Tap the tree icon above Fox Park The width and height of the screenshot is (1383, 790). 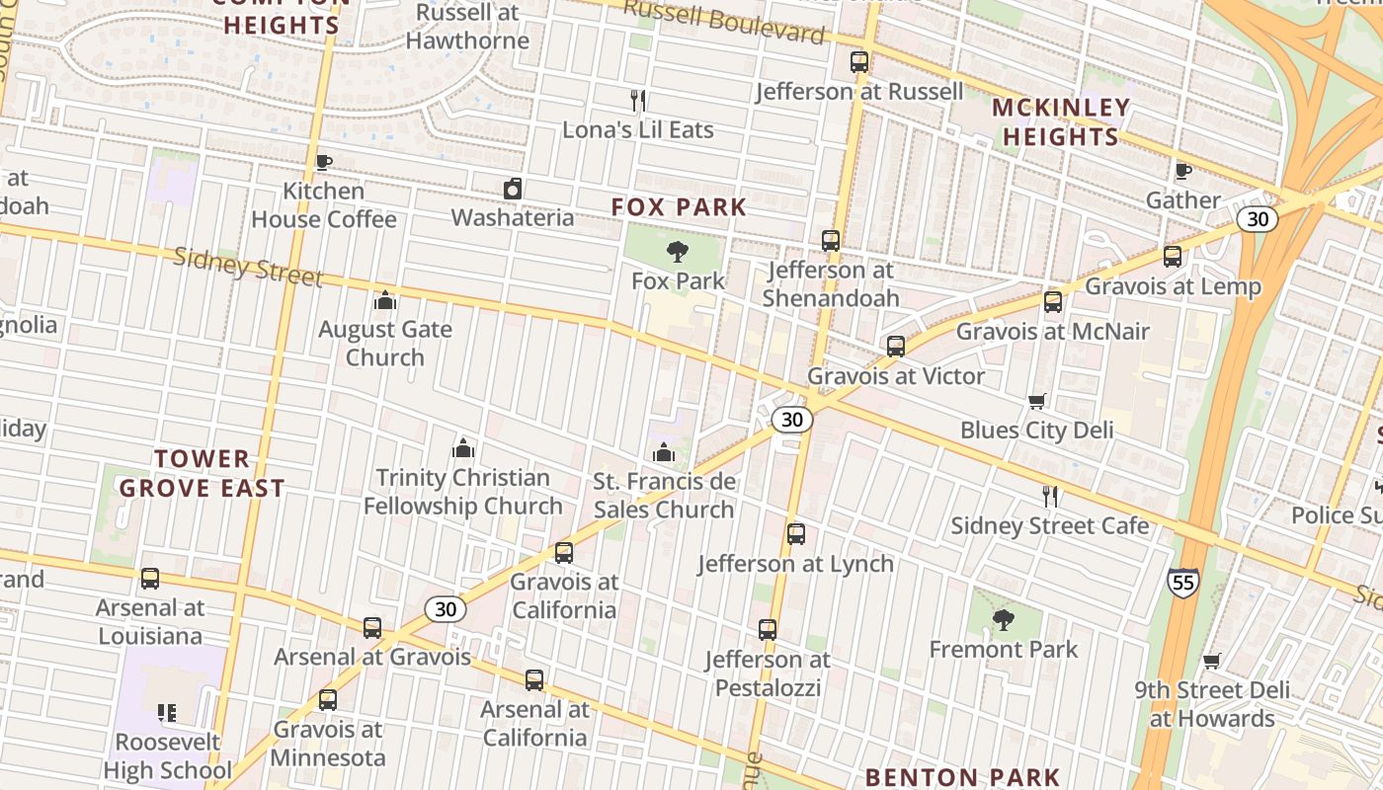click(x=677, y=252)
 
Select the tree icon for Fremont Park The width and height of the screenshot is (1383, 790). click(x=1003, y=620)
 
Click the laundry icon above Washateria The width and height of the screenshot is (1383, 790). click(x=512, y=189)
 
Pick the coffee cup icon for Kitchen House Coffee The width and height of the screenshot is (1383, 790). click(x=323, y=162)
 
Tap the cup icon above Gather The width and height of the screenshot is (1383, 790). click(x=1182, y=172)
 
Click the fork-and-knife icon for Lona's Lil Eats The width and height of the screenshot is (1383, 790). click(x=638, y=100)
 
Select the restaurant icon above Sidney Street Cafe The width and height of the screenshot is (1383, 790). click(x=1050, y=496)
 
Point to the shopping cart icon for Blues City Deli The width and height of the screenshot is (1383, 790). click(x=1036, y=401)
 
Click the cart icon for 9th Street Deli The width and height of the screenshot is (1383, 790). click(x=1211, y=661)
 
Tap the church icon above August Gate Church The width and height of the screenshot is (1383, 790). click(x=385, y=300)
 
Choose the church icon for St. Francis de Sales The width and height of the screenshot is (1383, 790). click(x=664, y=453)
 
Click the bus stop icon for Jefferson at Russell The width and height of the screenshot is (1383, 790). click(x=858, y=62)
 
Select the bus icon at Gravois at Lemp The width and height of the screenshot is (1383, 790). click(x=1173, y=257)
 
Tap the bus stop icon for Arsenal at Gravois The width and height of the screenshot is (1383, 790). click(x=371, y=627)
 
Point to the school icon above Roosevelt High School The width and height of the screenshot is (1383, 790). click(x=167, y=712)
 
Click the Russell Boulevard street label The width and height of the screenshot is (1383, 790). click(x=724, y=22)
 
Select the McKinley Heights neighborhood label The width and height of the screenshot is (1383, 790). click(x=1060, y=121)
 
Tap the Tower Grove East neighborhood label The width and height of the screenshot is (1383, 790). click(x=203, y=473)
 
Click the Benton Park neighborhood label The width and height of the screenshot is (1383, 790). click(x=962, y=777)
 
